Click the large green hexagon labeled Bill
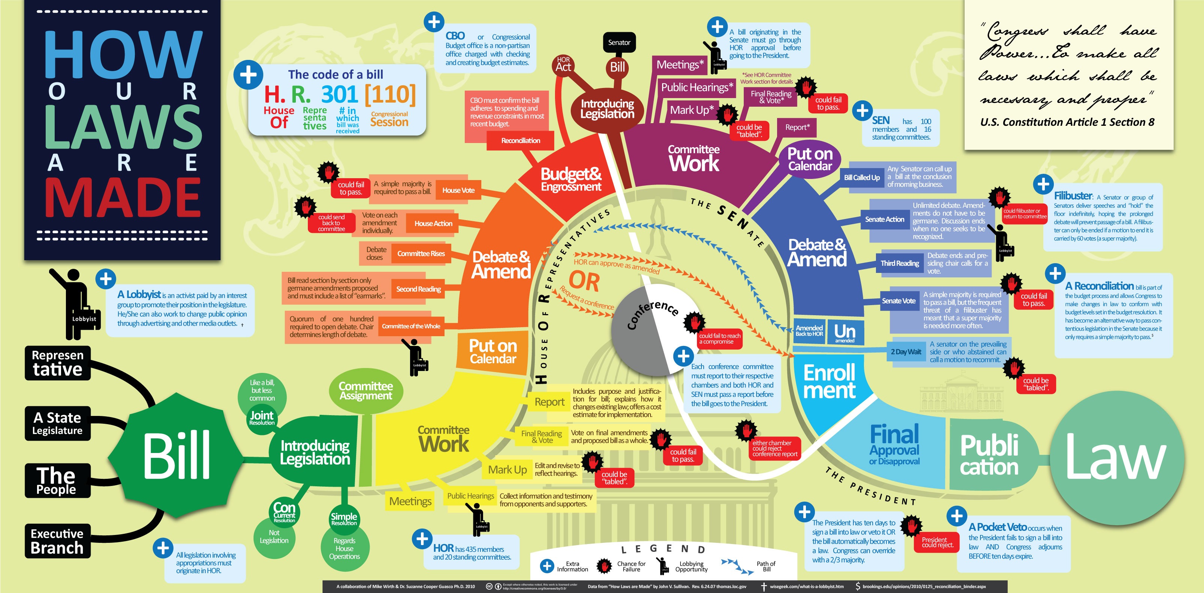175,456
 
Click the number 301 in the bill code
339,94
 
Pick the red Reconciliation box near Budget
520,141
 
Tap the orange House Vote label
458,190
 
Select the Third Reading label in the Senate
900,264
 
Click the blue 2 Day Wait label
906,352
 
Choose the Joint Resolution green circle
262,418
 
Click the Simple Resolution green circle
344,519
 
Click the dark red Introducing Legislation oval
607,109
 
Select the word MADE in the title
123,198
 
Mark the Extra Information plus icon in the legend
547,566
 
